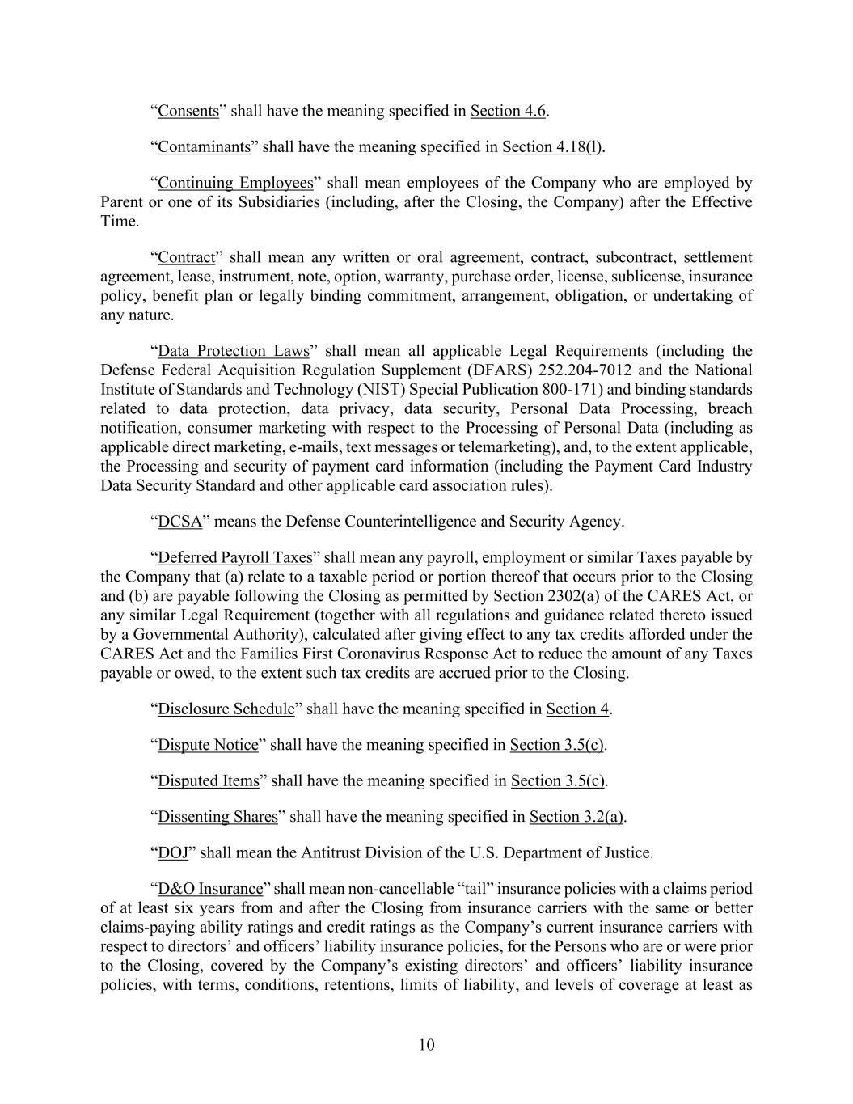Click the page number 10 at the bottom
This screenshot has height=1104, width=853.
(x=426, y=1044)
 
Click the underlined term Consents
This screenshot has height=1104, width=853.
(x=188, y=111)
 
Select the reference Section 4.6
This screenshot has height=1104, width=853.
(x=508, y=111)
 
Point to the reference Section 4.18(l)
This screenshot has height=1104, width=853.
(x=552, y=147)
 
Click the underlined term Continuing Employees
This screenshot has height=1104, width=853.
(x=235, y=183)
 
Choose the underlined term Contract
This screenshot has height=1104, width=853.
(x=187, y=257)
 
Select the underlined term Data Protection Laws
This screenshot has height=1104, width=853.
(x=234, y=351)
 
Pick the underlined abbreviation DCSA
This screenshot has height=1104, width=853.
(x=179, y=522)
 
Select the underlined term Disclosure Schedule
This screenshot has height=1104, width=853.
(x=226, y=709)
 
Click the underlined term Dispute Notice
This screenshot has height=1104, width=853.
(x=208, y=745)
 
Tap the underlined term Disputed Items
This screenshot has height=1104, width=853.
(x=209, y=781)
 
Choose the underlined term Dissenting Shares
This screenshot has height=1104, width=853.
(x=217, y=817)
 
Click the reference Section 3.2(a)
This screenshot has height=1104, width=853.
(x=576, y=817)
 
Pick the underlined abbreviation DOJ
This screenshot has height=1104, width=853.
(x=173, y=852)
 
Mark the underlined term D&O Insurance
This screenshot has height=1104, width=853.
(x=210, y=889)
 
